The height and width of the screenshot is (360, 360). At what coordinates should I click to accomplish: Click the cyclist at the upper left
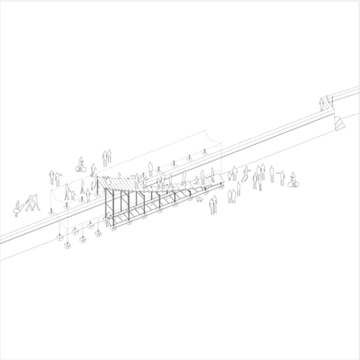coord(81,166)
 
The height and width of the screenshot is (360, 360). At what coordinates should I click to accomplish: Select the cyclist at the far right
coord(292,180)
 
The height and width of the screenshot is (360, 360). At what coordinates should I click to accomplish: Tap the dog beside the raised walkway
coord(199,199)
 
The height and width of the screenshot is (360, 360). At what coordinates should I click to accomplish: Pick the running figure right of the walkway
coord(246,174)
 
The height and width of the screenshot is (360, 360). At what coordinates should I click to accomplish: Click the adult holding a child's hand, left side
coord(68,192)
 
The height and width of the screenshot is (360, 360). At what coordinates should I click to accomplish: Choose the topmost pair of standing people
coord(107,156)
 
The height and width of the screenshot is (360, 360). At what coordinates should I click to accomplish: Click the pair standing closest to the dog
coord(212,204)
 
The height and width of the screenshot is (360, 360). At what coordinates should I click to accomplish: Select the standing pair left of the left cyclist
coord(53,177)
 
